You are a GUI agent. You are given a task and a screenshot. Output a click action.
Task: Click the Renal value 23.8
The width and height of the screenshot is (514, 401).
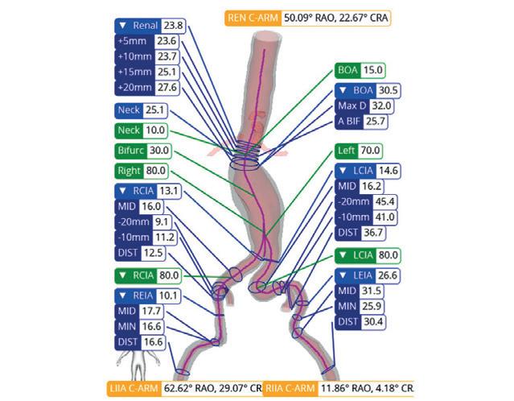(x=174, y=26)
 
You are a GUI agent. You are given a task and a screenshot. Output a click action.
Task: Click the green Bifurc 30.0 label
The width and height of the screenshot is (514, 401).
(x=142, y=151)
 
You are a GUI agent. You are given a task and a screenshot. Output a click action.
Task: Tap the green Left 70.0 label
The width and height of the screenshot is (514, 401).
(x=359, y=151)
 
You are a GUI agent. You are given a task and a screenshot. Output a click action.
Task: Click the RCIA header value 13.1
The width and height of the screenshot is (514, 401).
(x=170, y=191)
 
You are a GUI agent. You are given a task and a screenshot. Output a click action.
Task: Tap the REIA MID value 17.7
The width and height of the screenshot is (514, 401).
(x=151, y=311)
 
